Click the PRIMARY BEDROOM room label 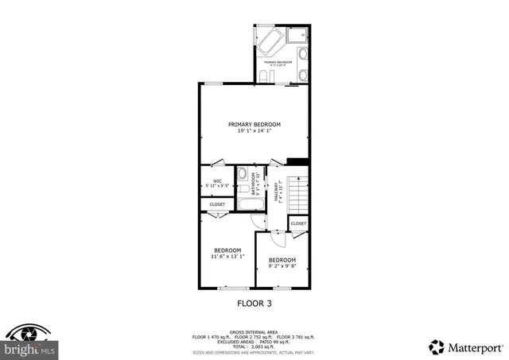pyautogui.click(x=254, y=124)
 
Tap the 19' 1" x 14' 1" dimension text pyautogui.click(x=254, y=131)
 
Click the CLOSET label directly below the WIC pyautogui.click(x=217, y=204)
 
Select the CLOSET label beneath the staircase pyautogui.click(x=298, y=224)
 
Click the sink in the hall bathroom pyautogui.click(x=241, y=174)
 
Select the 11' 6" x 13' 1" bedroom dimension pyautogui.click(x=227, y=257)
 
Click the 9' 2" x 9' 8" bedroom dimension pyautogui.click(x=282, y=266)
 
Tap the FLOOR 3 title pyautogui.click(x=254, y=303)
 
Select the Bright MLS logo pyautogui.click(x=29, y=343)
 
